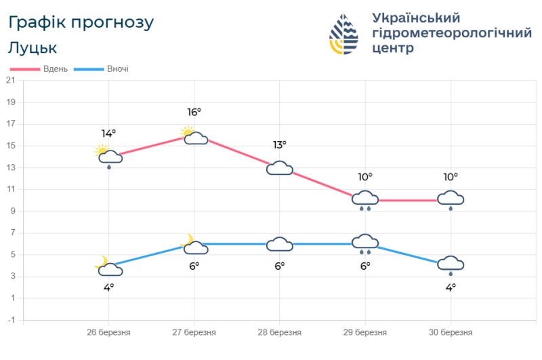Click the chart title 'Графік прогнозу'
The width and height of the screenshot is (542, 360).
(x=81, y=22)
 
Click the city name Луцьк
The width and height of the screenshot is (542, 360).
(x=33, y=48)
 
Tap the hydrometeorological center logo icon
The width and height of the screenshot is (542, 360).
(x=345, y=35)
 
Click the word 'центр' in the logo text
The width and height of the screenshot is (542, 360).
(x=393, y=48)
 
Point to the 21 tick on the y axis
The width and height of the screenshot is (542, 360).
(x=10, y=81)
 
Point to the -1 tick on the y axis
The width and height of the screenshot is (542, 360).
(x=10, y=320)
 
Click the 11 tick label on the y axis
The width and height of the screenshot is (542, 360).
(x=10, y=189)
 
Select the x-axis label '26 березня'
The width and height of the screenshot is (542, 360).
(x=108, y=333)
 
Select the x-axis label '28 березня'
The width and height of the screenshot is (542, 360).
(x=279, y=333)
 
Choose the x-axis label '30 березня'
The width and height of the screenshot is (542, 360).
(x=451, y=333)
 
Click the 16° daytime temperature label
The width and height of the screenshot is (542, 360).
(x=194, y=113)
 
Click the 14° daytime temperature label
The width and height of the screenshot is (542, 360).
(x=108, y=134)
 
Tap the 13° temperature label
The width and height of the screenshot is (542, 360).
(x=279, y=144)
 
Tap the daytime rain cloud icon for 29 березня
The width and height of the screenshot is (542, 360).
(x=365, y=199)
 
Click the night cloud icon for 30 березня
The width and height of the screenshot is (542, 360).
(x=451, y=265)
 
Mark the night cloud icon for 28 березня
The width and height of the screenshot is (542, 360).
(x=279, y=244)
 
